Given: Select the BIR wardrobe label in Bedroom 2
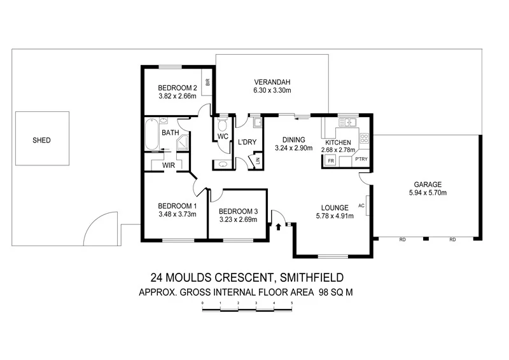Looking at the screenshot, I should [x=207, y=82].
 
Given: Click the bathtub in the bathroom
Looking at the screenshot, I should [x=151, y=135].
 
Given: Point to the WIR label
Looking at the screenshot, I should [x=169, y=165].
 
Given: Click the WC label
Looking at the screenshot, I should [x=223, y=137].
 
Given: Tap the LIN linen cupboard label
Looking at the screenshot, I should [x=258, y=162].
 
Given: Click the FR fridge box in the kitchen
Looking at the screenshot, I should [x=331, y=160].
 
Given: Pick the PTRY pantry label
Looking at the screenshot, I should [x=361, y=159].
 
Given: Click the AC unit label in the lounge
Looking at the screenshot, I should [x=361, y=205].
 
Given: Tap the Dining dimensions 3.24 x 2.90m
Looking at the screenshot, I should [x=295, y=148].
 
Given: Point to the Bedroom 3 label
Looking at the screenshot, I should [x=237, y=211].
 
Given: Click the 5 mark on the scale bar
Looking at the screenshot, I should [x=291, y=304].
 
